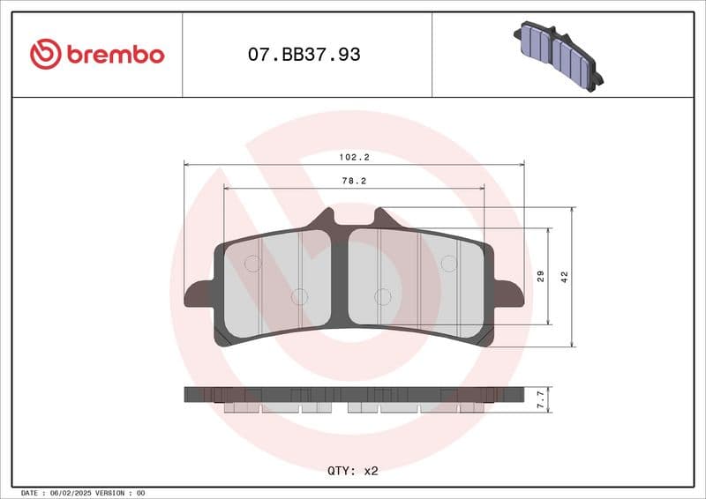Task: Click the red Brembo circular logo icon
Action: [45, 55]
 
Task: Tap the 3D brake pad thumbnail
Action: [557, 56]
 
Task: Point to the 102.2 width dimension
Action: [354, 157]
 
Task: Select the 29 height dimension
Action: [541, 276]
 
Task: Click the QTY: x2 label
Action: [352, 471]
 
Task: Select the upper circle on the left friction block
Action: [252, 263]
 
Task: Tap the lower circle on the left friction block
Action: [299, 297]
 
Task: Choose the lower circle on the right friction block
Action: [382, 297]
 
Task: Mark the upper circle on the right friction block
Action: [449, 263]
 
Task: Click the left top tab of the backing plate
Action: [327, 218]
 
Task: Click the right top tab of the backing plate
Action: [382, 218]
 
